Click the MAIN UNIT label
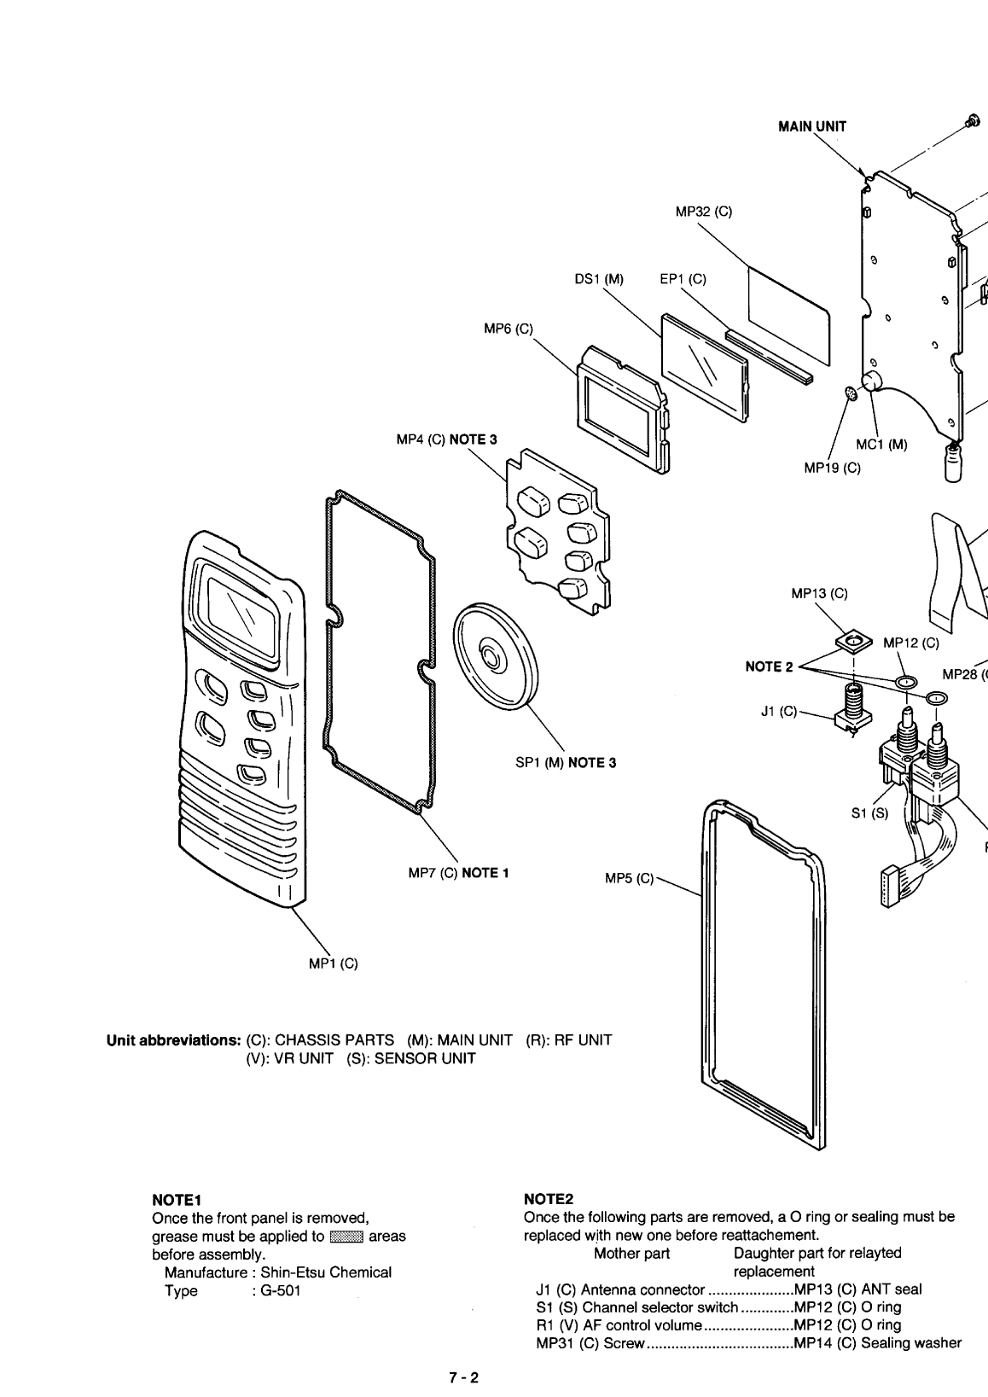coord(811,126)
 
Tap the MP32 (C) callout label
coord(703,212)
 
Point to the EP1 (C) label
coord(683,279)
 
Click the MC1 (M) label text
coord(881,444)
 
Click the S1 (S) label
coord(869,813)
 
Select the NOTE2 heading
coord(549,1200)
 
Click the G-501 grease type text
coord(276,1290)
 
